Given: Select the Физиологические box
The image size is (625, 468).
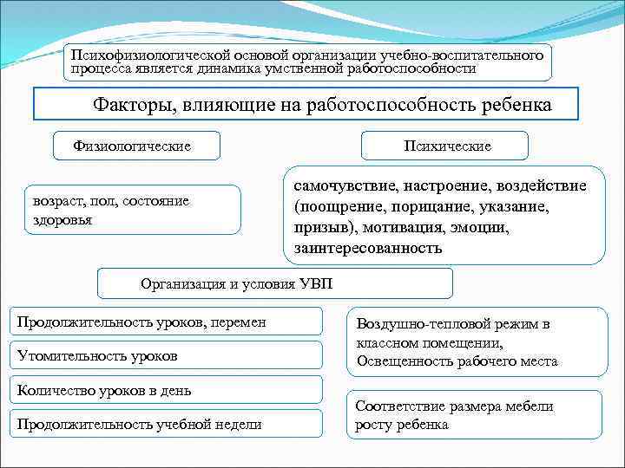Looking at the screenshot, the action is tap(136, 146).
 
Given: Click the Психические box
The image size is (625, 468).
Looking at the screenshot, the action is tap(447, 146).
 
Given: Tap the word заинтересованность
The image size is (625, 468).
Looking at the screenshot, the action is tap(368, 248).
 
